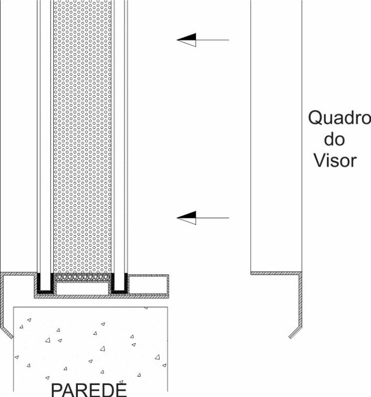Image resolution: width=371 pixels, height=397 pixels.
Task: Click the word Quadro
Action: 339,119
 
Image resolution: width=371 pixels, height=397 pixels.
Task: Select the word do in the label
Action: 335,139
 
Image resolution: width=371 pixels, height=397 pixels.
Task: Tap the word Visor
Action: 335,160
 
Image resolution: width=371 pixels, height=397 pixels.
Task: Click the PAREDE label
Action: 89,390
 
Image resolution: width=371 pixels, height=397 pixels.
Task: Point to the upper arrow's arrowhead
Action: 187,40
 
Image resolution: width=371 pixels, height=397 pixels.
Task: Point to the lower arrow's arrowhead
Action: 187,218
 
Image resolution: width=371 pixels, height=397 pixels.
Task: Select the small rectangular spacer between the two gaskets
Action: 83,287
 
